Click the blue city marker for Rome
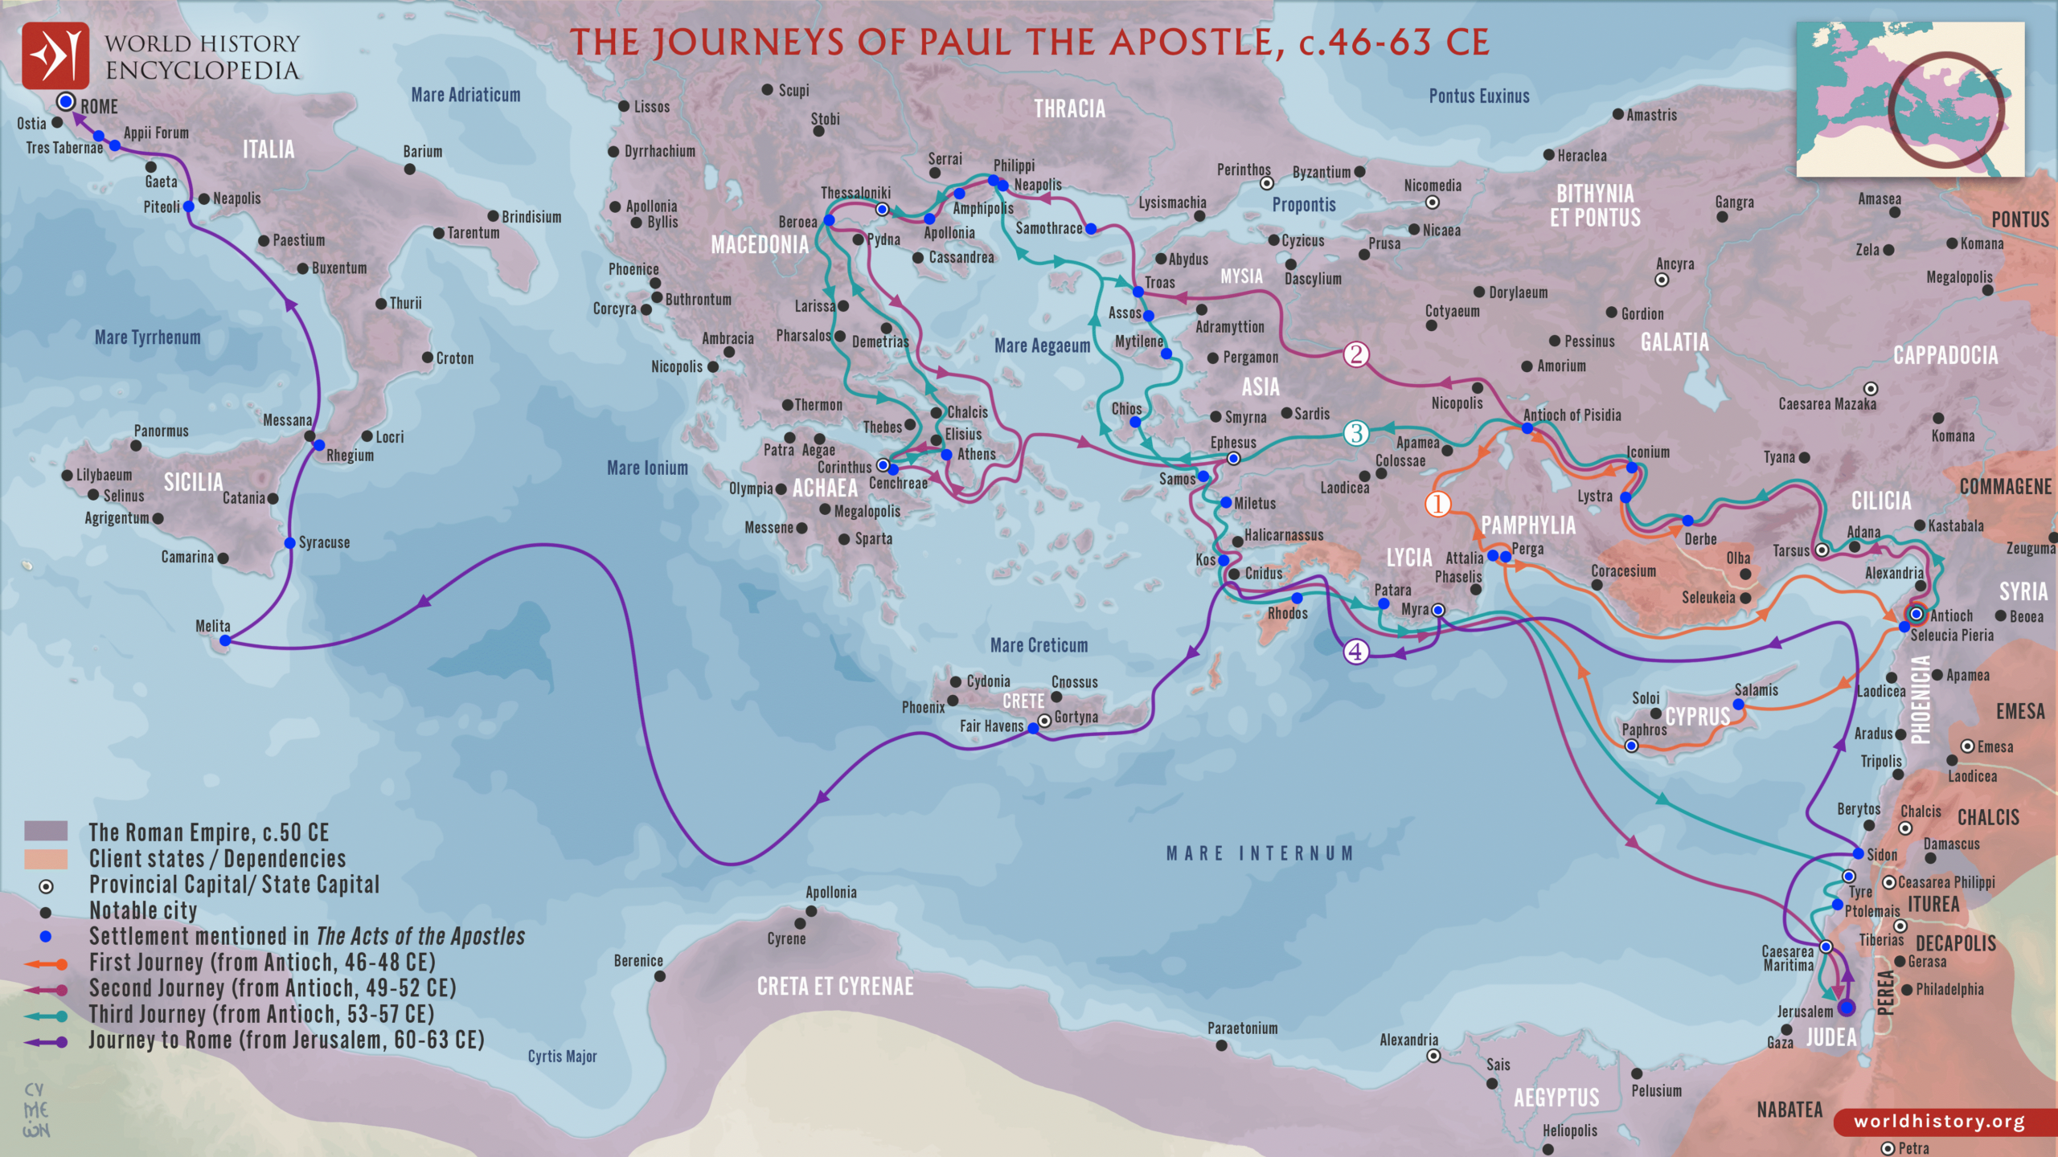point(67,102)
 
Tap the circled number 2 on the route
point(1356,354)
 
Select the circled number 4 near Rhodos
point(1355,651)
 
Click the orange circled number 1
point(1437,504)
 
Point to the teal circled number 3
point(1356,433)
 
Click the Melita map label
point(212,626)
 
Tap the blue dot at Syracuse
point(289,543)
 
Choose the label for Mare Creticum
point(1039,645)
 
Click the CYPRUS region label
point(1697,717)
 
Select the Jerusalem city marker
point(1847,1008)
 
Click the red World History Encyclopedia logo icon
point(55,55)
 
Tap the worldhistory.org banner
point(1939,1121)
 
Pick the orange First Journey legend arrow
point(45,963)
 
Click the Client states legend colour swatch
point(46,859)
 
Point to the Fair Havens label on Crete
point(991,726)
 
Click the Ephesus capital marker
point(1233,459)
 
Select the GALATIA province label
point(1675,342)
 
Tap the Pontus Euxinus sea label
point(1478,96)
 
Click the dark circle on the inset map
point(1946,108)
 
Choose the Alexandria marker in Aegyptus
point(1433,1056)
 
